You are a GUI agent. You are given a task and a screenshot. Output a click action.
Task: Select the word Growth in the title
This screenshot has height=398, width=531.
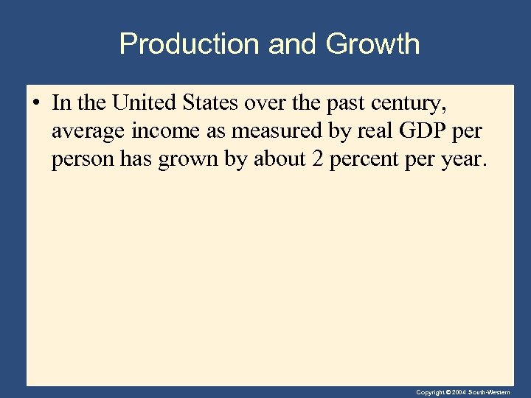(372, 44)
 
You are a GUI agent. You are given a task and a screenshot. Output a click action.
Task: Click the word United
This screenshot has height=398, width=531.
(145, 103)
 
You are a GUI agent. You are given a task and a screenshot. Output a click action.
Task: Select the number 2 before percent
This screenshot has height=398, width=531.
(317, 159)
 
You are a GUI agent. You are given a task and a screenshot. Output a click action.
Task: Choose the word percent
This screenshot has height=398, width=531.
(361, 160)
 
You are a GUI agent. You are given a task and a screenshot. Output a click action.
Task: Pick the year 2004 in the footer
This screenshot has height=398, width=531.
(458, 393)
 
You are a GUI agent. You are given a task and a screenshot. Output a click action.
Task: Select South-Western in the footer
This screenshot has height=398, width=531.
(490, 393)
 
